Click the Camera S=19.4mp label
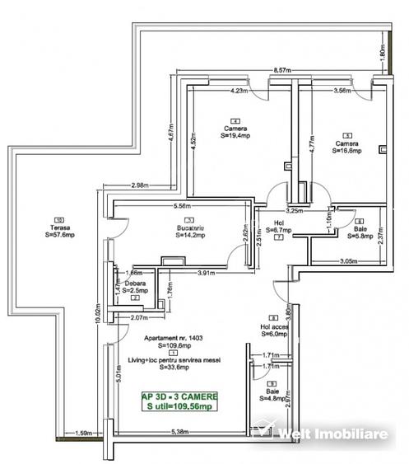point(237,134)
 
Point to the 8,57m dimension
point(283,72)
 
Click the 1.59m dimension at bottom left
point(83,432)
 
